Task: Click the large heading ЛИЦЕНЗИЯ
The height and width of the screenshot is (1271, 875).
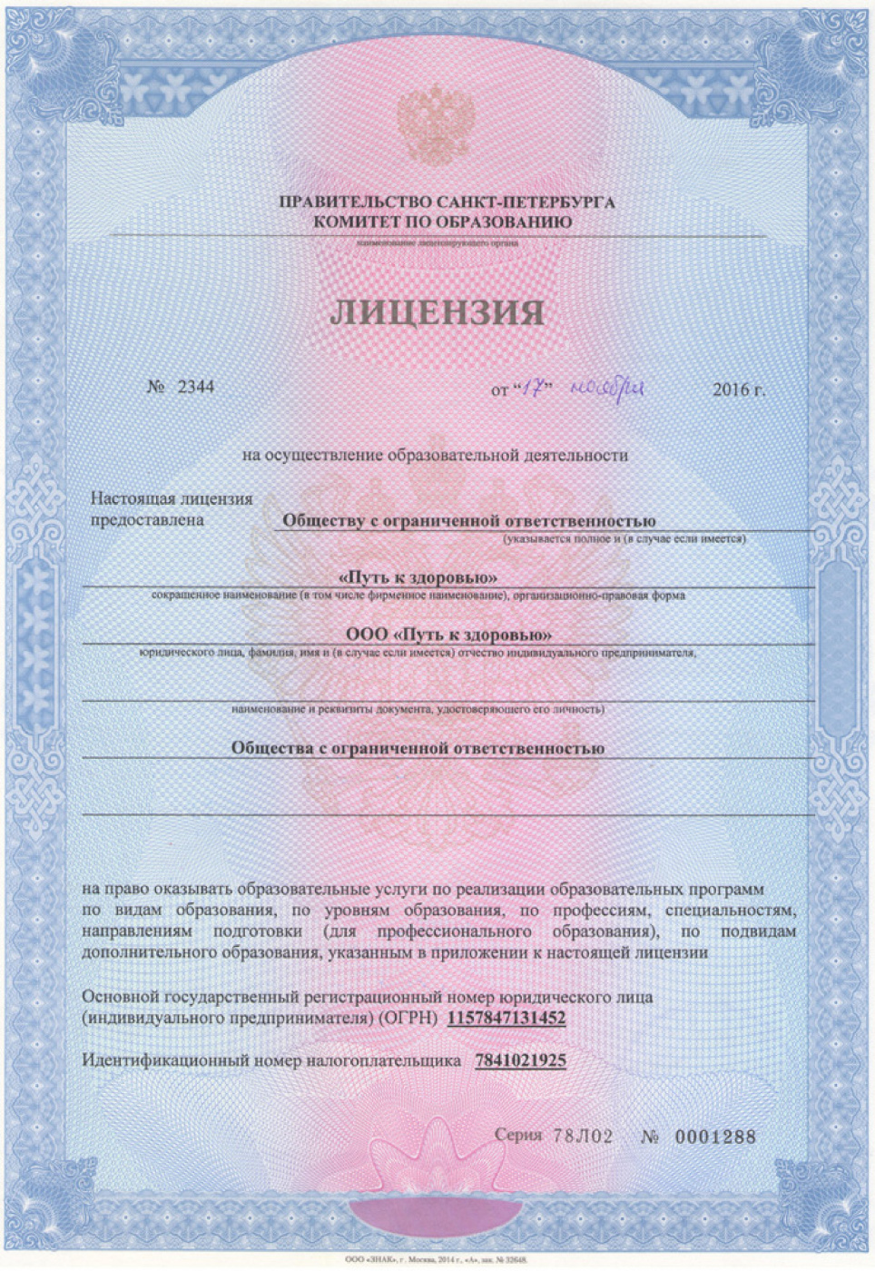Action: pos(437,311)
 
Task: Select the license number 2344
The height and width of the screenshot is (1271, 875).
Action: pos(195,387)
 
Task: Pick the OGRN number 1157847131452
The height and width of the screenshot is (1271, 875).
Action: pos(506,1019)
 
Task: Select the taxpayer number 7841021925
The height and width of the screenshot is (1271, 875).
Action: pos(520,1060)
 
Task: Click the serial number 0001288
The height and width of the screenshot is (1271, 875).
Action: pos(715,1137)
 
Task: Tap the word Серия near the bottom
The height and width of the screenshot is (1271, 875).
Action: pos(518,1136)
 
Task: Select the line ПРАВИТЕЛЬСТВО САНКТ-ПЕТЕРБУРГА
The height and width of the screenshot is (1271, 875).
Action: pos(447,202)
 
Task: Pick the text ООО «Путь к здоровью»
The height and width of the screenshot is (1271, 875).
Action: pos(449,635)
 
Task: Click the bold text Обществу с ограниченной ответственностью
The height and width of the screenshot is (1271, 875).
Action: pos(468,521)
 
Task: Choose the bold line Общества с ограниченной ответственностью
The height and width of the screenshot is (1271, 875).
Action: pos(418,748)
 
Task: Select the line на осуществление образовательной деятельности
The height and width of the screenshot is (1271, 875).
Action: pos(435,455)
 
